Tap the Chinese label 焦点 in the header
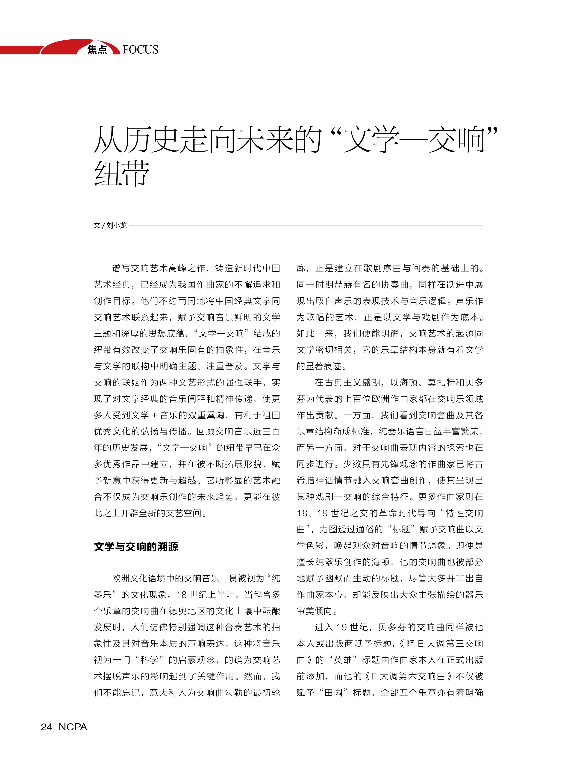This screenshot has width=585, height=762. click(97, 50)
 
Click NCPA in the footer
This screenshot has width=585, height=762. click(73, 727)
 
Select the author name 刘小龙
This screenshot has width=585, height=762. click(116, 225)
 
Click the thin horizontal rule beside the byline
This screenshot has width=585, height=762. click(306, 225)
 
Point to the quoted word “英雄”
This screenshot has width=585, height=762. click(343, 660)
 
